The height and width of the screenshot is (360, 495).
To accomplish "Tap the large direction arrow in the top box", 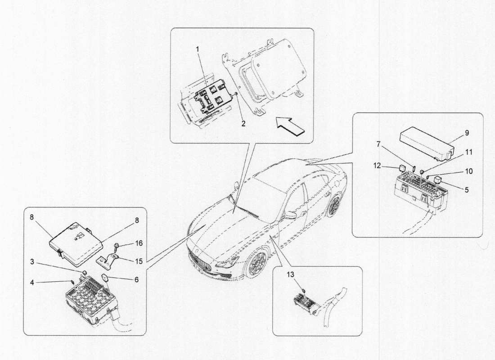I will click(291, 125).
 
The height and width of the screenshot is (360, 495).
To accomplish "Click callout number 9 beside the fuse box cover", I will click(467, 133).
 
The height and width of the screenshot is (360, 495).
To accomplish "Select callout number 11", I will click(468, 153).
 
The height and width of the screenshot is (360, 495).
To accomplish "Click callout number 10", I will click(468, 171).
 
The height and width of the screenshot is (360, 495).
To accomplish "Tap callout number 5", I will click(467, 190).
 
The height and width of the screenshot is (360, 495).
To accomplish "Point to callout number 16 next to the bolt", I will click(139, 243).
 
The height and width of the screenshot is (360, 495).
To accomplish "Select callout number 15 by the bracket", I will click(139, 261).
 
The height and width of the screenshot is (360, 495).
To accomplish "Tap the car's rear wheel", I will click(334, 207).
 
